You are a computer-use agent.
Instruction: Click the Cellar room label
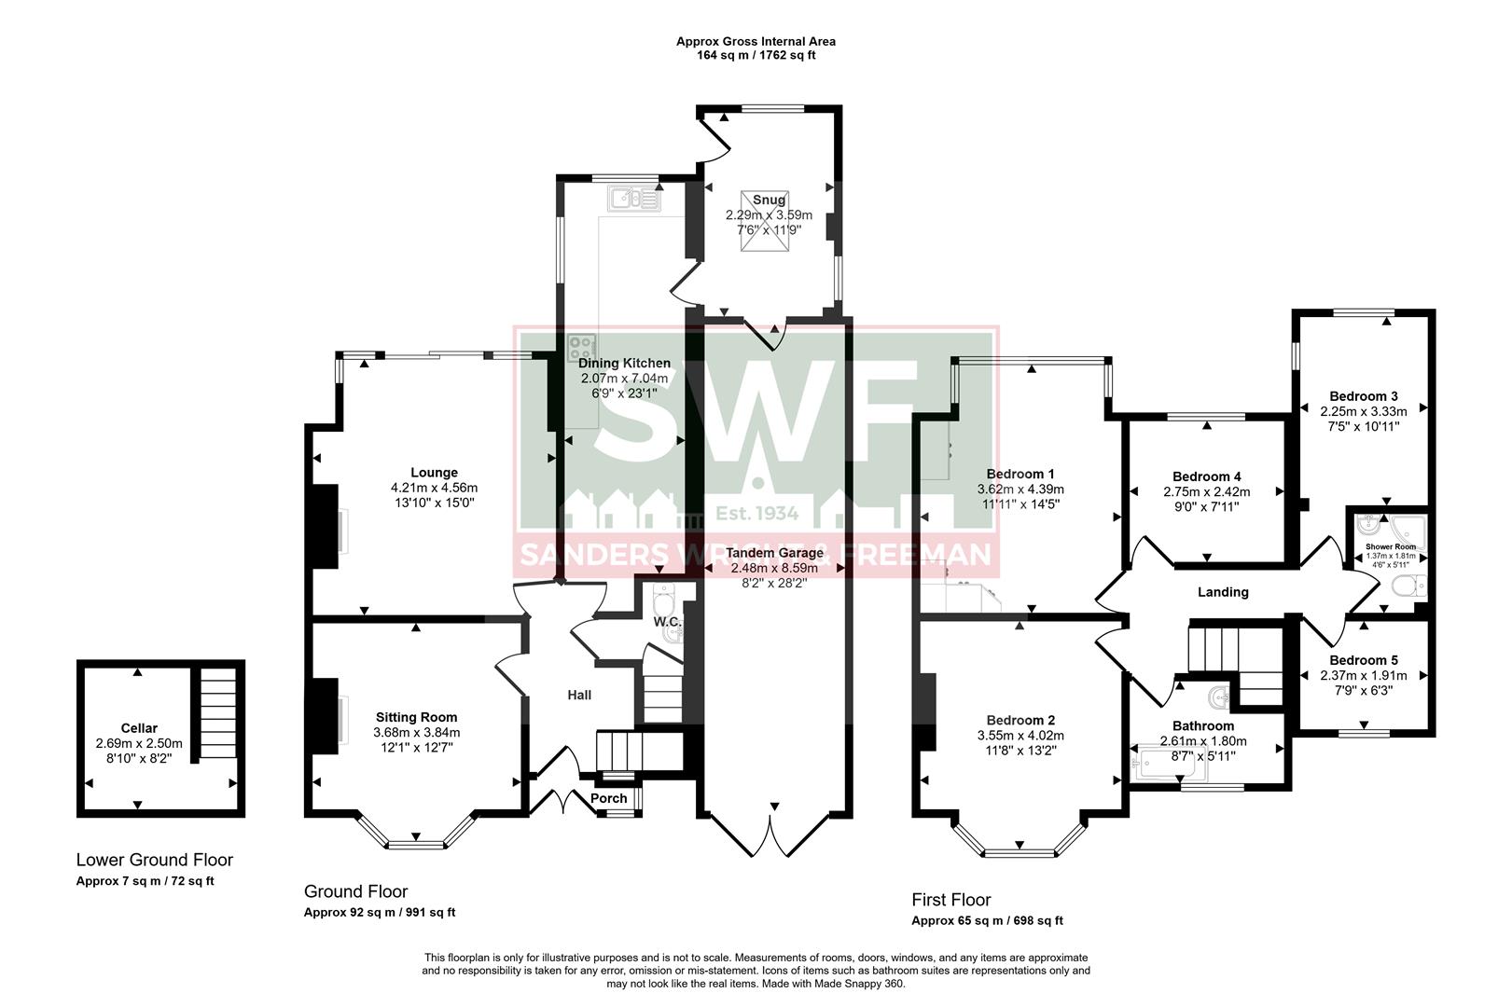click(139, 728)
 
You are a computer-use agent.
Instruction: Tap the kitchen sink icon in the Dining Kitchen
click(633, 198)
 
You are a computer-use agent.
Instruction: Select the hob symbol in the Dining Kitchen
click(581, 348)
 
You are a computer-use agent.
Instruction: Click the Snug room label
click(769, 200)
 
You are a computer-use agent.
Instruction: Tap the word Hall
click(579, 695)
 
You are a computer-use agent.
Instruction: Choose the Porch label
click(608, 798)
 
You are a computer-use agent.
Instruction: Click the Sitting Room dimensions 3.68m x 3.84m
click(417, 733)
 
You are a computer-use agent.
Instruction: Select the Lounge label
click(434, 473)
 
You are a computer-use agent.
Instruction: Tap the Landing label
click(1223, 592)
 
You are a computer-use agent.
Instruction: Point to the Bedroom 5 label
click(1364, 660)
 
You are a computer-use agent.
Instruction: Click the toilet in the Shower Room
click(1405, 586)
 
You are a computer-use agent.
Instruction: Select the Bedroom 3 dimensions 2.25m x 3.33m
click(1364, 411)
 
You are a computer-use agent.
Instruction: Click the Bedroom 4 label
click(1206, 476)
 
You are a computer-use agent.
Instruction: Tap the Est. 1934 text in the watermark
click(756, 514)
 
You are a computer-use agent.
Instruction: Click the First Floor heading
click(950, 900)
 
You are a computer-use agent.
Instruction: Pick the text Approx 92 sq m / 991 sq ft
click(380, 913)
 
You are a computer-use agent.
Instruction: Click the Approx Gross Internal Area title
click(756, 41)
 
